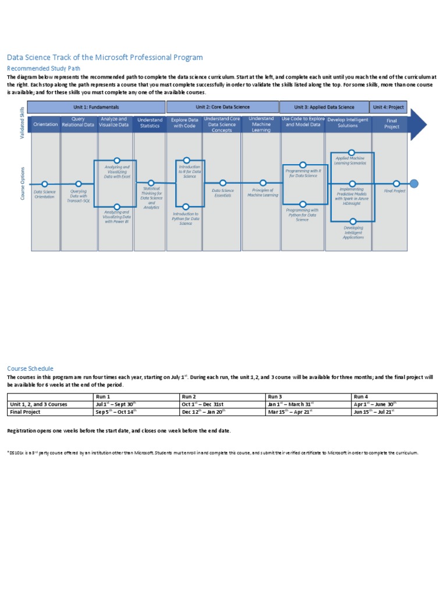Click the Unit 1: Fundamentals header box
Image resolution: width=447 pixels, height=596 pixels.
coord(97,107)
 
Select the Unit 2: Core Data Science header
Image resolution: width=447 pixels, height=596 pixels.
coord(222,107)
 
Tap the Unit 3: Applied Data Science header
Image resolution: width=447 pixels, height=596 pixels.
coord(324,107)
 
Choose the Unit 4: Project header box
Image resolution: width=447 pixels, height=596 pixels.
coord(388,107)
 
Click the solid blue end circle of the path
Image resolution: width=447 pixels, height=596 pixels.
coord(414,184)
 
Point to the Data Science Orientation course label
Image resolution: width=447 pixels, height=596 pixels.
coord(44,194)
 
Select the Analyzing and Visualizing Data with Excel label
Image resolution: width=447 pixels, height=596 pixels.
coord(117,172)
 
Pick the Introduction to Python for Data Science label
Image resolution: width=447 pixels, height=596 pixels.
coord(186,218)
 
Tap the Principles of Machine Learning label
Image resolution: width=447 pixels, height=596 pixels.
coord(262,193)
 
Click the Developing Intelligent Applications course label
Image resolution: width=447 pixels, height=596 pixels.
coord(353,232)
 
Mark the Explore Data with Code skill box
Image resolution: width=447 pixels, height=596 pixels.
coord(185,123)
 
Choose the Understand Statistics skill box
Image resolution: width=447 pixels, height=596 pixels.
coord(150,123)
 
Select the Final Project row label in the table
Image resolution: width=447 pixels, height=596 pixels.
coord(25,411)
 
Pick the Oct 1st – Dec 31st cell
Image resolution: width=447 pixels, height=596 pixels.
coord(203,404)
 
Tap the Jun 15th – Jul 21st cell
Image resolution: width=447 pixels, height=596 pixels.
coord(374,411)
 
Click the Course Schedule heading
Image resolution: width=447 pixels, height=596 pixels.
coord(30,368)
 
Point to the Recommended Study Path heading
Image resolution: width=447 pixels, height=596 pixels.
coord(43,68)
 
